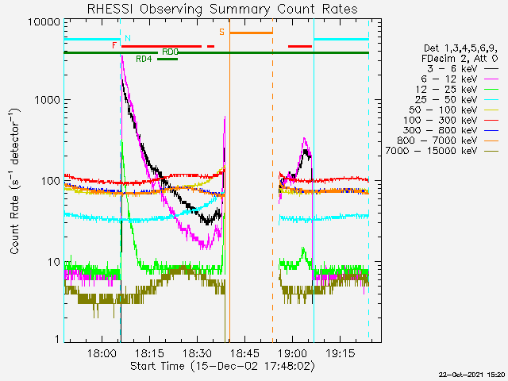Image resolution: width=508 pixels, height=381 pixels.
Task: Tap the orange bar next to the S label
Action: pos(251,33)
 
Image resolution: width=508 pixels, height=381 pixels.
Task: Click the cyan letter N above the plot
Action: pos(128,38)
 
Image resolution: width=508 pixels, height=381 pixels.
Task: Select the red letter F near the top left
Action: pos(115,46)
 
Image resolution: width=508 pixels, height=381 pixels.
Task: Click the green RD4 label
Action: pos(144,60)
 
